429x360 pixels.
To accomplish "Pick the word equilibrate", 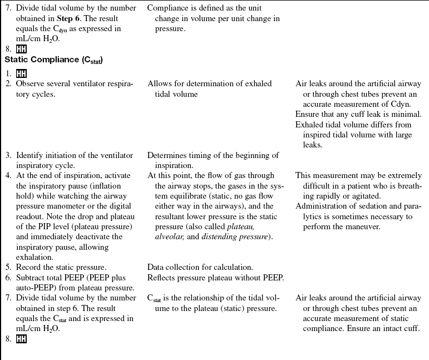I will pyautogui.click(x=175, y=196).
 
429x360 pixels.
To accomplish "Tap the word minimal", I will pyautogui.click(x=405, y=115).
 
